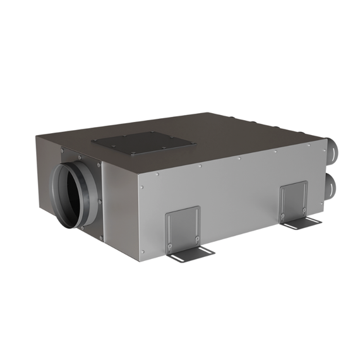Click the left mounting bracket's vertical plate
(183, 227)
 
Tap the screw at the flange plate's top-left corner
(63, 150)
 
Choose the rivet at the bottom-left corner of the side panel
(144, 251)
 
